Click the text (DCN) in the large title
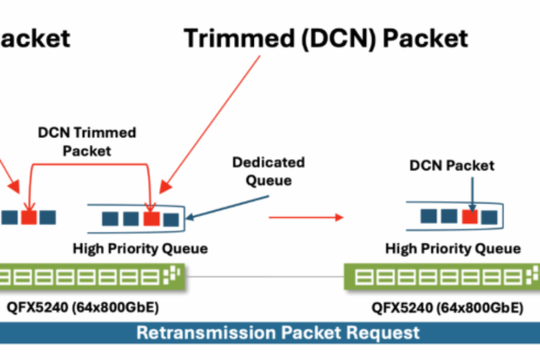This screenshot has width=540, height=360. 322,38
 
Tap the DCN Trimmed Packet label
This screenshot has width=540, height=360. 87,142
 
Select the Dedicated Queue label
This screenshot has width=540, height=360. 268,171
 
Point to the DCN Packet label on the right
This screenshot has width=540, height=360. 452,166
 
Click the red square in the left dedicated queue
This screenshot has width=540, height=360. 151,219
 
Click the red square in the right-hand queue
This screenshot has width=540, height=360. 469,217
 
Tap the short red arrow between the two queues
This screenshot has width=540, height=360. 306,217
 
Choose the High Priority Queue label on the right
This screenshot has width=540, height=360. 453,248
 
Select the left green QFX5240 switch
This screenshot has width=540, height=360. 90,277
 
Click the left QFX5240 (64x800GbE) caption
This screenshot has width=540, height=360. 82,308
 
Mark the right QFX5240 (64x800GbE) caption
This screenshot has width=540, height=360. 447,308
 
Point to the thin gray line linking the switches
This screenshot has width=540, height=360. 264,277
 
